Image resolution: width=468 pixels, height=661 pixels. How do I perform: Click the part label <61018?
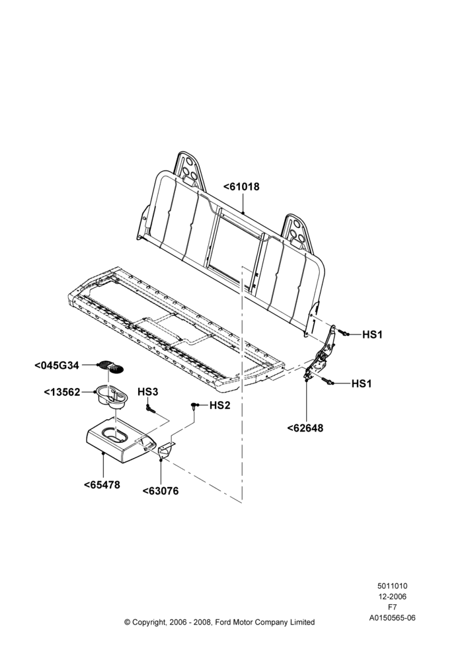click(x=241, y=186)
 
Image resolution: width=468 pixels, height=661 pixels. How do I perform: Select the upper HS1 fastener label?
click(x=372, y=334)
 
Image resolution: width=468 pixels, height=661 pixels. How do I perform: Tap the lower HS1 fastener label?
click(x=362, y=383)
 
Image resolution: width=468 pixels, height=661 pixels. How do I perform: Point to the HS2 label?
click(x=220, y=405)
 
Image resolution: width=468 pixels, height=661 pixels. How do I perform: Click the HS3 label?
click(x=147, y=391)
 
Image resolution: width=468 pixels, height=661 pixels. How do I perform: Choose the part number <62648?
click(x=305, y=428)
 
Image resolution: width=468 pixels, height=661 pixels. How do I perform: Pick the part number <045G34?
click(x=56, y=365)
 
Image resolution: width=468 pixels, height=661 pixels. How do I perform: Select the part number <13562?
click(x=62, y=392)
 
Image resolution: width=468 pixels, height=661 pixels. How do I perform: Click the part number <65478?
click(x=102, y=485)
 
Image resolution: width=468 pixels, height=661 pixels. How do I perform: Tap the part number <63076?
click(x=160, y=491)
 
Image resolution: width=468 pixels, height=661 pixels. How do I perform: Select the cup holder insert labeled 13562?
click(x=111, y=397)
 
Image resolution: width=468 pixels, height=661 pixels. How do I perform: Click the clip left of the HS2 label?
click(x=194, y=406)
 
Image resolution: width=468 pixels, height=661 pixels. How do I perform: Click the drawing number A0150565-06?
click(x=392, y=618)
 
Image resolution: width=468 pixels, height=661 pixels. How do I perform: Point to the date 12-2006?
click(x=392, y=596)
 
